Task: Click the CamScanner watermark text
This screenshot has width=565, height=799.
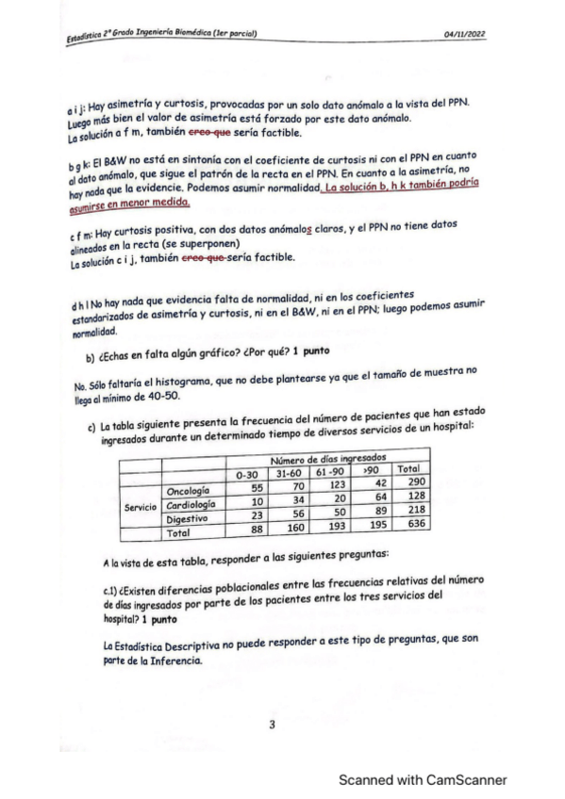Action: tap(423, 779)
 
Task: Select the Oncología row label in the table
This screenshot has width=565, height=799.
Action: tap(191, 491)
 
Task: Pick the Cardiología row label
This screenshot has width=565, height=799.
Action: tap(193, 504)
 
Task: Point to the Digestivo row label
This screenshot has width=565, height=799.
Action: tap(191, 518)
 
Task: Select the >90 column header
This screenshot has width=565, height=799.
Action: tap(372, 468)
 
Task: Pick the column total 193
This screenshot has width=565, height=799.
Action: tap(331, 524)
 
